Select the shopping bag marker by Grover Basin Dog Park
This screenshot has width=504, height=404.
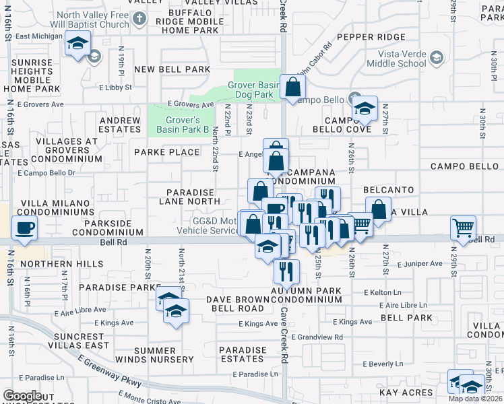coord(293,86)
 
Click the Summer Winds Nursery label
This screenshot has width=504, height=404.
coord(154,355)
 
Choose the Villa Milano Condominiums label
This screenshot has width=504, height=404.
coord(55,207)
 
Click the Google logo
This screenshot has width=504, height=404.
coord(22,395)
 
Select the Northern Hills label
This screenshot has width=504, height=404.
coord(51,263)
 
